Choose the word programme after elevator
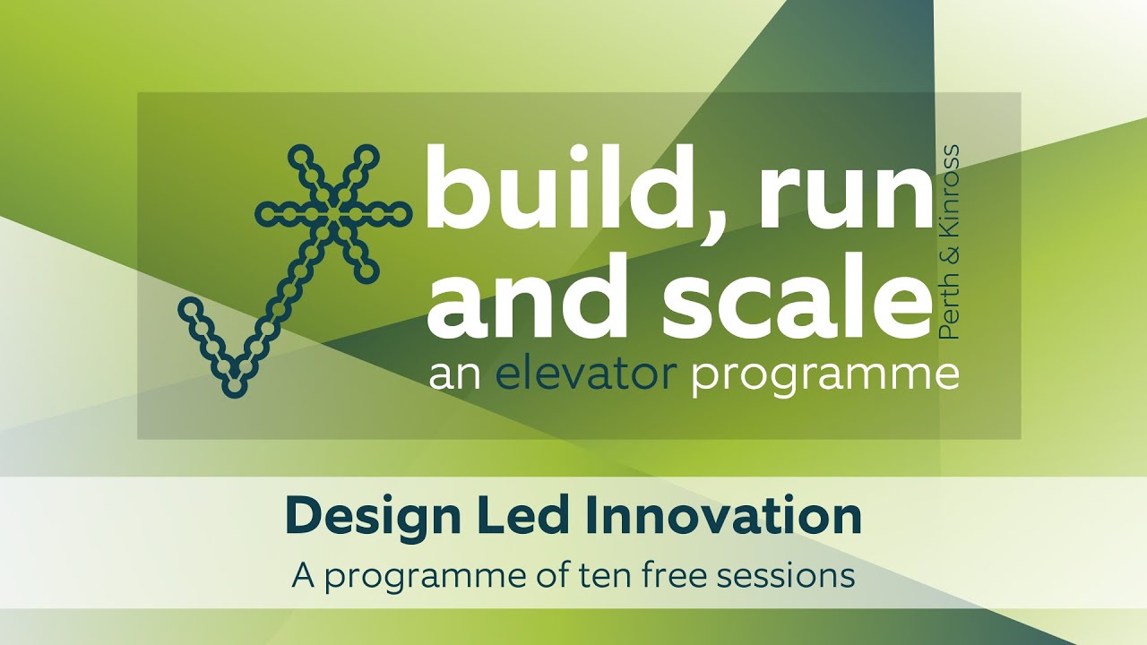coord(824,376)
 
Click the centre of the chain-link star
coord(333,214)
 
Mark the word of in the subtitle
coord(562,574)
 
